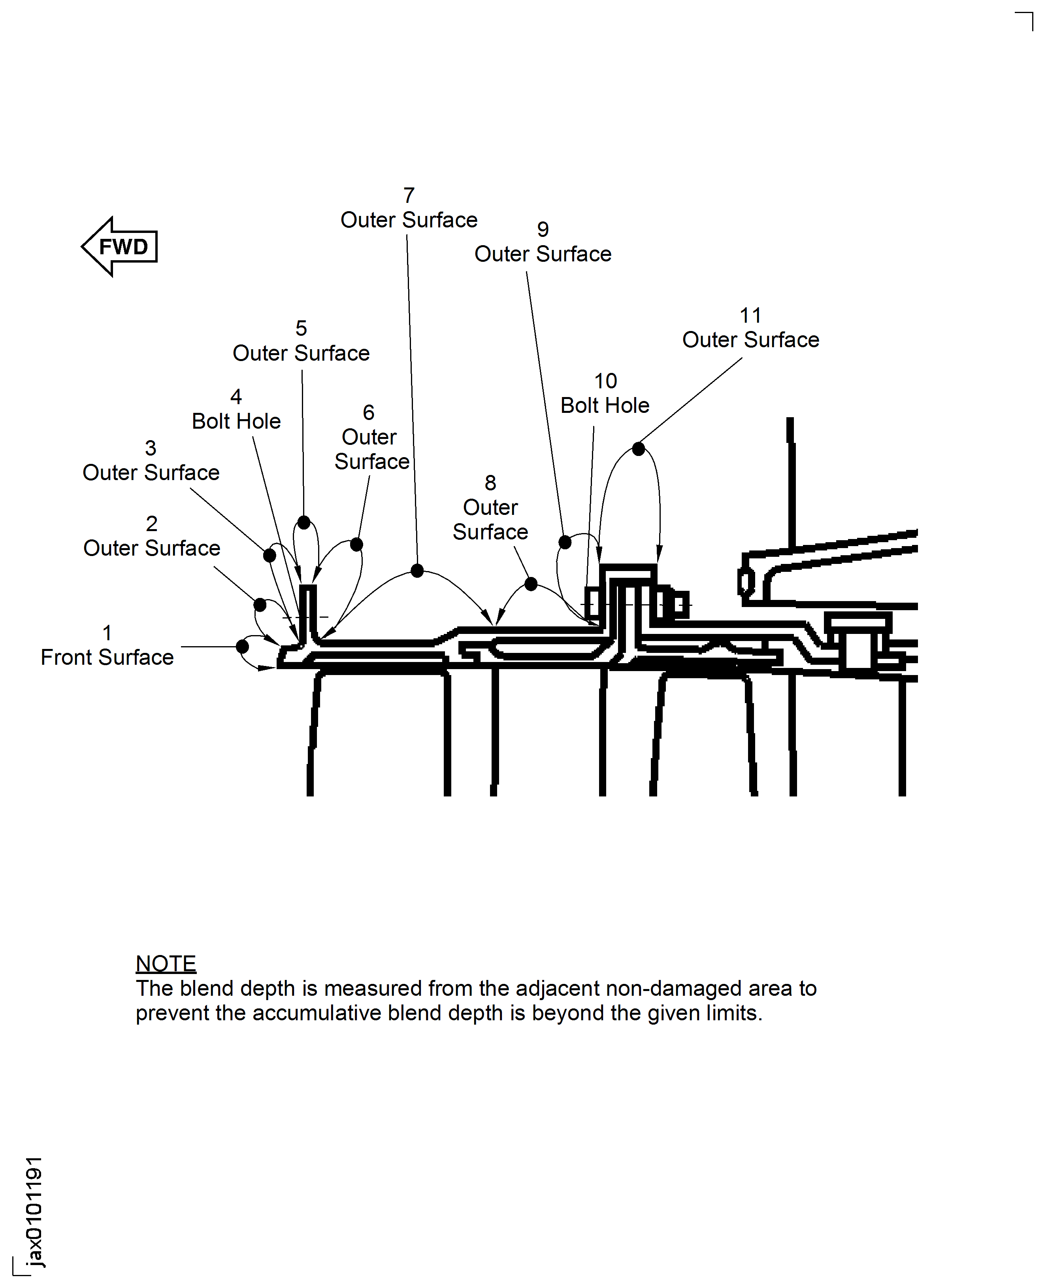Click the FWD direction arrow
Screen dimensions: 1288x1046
(x=120, y=247)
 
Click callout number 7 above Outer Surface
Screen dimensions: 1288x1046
(x=409, y=195)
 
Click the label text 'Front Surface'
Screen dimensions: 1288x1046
(x=107, y=657)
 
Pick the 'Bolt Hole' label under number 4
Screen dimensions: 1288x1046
(x=236, y=421)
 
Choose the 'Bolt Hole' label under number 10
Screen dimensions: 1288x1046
(x=605, y=405)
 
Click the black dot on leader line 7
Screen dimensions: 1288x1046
(x=417, y=570)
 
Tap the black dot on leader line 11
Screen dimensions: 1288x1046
(x=639, y=448)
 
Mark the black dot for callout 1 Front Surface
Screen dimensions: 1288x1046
(x=242, y=647)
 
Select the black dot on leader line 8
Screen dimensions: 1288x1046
(x=531, y=584)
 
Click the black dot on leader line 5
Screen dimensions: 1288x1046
(x=303, y=522)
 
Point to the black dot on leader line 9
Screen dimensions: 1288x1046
(x=565, y=542)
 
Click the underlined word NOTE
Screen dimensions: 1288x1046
(x=166, y=964)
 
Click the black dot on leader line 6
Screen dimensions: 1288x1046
(x=357, y=545)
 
